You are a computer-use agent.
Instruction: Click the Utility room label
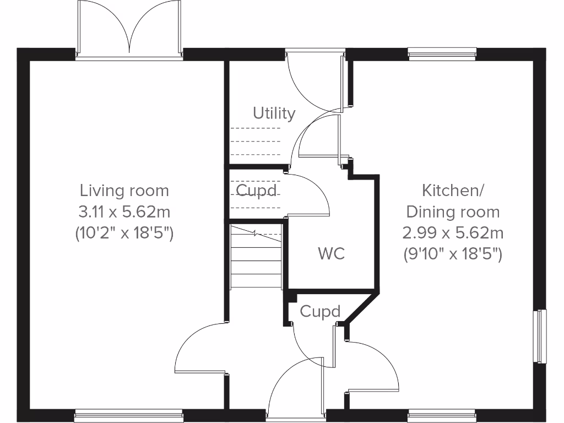point(274,113)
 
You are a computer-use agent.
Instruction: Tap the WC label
point(332,253)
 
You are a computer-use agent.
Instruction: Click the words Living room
point(124,191)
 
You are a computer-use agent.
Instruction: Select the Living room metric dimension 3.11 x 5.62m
point(124,212)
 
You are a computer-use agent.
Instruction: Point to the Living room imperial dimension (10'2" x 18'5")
point(124,233)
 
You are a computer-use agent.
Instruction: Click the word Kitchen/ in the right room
point(452,191)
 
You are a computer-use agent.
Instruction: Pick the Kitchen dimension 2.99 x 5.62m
point(452,233)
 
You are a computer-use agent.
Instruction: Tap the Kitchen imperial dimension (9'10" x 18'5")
point(452,254)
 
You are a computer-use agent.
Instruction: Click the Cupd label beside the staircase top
point(256,190)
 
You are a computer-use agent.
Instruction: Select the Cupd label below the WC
point(320,312)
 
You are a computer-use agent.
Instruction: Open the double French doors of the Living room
point(129,29)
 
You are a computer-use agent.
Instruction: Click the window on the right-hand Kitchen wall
point(542,336)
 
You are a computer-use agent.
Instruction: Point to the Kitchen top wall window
point(442,53)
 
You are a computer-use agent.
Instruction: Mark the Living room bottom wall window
point(129,415)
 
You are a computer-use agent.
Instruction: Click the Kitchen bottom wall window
point(442,415)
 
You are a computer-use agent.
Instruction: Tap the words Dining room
point(452,212)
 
